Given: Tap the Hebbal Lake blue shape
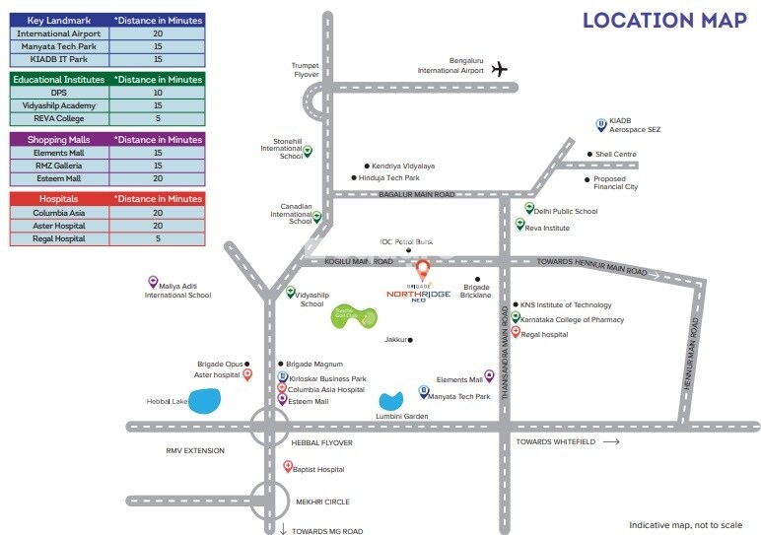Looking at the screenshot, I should click(x=205, y=401).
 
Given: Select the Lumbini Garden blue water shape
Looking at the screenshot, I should click(x=390, y=401).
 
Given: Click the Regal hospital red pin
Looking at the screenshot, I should click(x=515, y=333).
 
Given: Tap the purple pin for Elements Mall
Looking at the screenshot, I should click(x=489, y=375).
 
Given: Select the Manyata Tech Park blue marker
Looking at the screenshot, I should click(x=424, y=391).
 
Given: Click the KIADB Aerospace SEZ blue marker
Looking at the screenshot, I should click(x=600, y=124).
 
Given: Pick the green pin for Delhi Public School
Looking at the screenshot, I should click(x=528, y=209).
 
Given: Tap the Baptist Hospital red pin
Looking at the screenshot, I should click(x=288, y=467).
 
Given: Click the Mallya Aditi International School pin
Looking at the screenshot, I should click(x=153, y=283).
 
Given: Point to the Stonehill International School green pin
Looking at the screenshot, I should click(x=307, y=151).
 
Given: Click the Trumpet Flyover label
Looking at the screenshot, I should click(x=306, y=70).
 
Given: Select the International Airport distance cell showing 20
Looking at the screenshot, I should click(x=158, y=33).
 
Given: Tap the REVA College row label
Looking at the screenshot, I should click(x=59, y=118).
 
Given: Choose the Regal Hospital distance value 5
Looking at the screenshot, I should click(x=158, y=238).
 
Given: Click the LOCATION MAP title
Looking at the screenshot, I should click(x=664, y=21).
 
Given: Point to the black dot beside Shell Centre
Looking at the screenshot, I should click(x=588, y=155).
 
